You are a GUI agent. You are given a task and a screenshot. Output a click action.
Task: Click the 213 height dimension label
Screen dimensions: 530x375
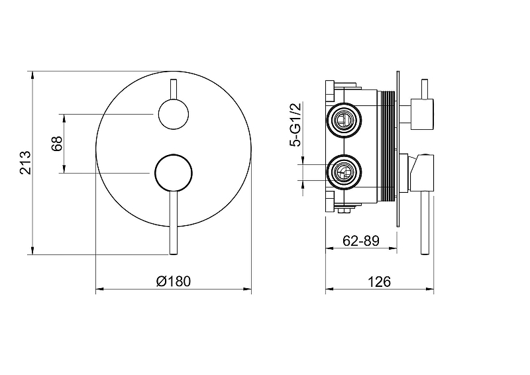pos(25,162)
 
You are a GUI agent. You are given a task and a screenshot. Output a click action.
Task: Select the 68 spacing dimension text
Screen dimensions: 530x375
pos(57,143)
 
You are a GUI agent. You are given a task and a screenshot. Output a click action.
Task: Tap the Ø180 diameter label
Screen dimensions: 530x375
pos(174,281)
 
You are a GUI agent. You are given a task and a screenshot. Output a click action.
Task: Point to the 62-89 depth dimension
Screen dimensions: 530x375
pos(361,241)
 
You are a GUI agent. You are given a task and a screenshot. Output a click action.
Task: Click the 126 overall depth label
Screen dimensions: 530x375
pos(379,282)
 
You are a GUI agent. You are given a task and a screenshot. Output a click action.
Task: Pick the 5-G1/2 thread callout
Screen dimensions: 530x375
pos(295,125)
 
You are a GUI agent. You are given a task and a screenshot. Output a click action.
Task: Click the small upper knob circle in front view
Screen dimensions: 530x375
pos(174,115)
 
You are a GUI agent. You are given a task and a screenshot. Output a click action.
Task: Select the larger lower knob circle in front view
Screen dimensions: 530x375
pos(174,173)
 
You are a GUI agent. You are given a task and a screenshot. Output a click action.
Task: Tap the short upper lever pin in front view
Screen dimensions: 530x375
pos(174,89)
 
